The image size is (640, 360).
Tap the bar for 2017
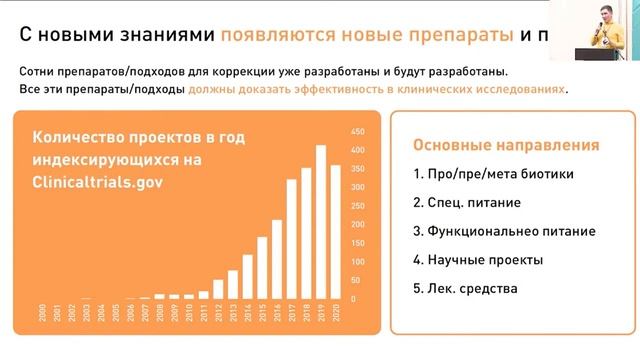(x=292, y=239)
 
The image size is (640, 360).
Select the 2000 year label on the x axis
(x=42, y=311)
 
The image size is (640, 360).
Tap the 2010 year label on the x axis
(x=189, y=311)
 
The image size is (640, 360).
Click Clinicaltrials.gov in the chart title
(x=96, y=183)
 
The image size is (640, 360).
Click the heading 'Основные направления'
(x=506, y=145)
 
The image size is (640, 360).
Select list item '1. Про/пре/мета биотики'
(x=494, y=174)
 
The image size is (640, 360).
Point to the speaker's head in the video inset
(x=603, y=13)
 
